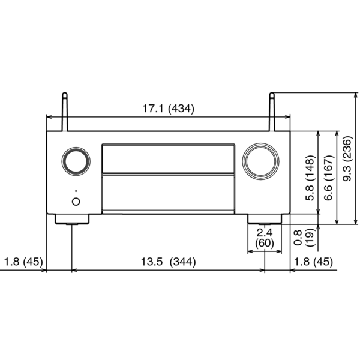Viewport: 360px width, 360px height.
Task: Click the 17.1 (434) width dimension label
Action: [x=168, y=109]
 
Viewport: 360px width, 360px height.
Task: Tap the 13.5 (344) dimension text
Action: [x=168, y=262]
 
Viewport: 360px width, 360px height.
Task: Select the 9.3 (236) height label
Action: [x=347, y=158]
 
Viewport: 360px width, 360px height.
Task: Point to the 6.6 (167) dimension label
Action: [x=328, y=178]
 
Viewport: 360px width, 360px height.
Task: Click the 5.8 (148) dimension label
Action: [x=310, y=178]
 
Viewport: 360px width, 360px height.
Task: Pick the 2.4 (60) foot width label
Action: [x=265, y=238]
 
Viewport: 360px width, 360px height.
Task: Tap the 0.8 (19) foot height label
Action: [x=304, y=238]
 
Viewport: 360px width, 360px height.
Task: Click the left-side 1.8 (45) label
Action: [x=23, y=262]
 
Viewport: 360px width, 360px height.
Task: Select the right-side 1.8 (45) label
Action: [x=313, y=262]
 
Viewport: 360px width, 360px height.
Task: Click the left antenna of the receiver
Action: [x=65, y=112]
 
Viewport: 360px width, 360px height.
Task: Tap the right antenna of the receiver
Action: [x=272, y=112]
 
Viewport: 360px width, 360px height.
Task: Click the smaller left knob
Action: [x=76, y=161]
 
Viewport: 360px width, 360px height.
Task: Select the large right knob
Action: [x=260, y=161]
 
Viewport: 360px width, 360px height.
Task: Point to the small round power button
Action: [x=76, y=202]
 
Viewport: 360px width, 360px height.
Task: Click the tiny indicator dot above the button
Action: [x=76, y=191]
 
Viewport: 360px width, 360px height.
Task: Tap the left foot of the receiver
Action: [x=72, y=219]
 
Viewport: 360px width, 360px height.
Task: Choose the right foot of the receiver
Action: [x=265, y=219]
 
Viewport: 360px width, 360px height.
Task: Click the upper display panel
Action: [x=169, y=158]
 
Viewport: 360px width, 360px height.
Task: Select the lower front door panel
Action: [x=169, y=194]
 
